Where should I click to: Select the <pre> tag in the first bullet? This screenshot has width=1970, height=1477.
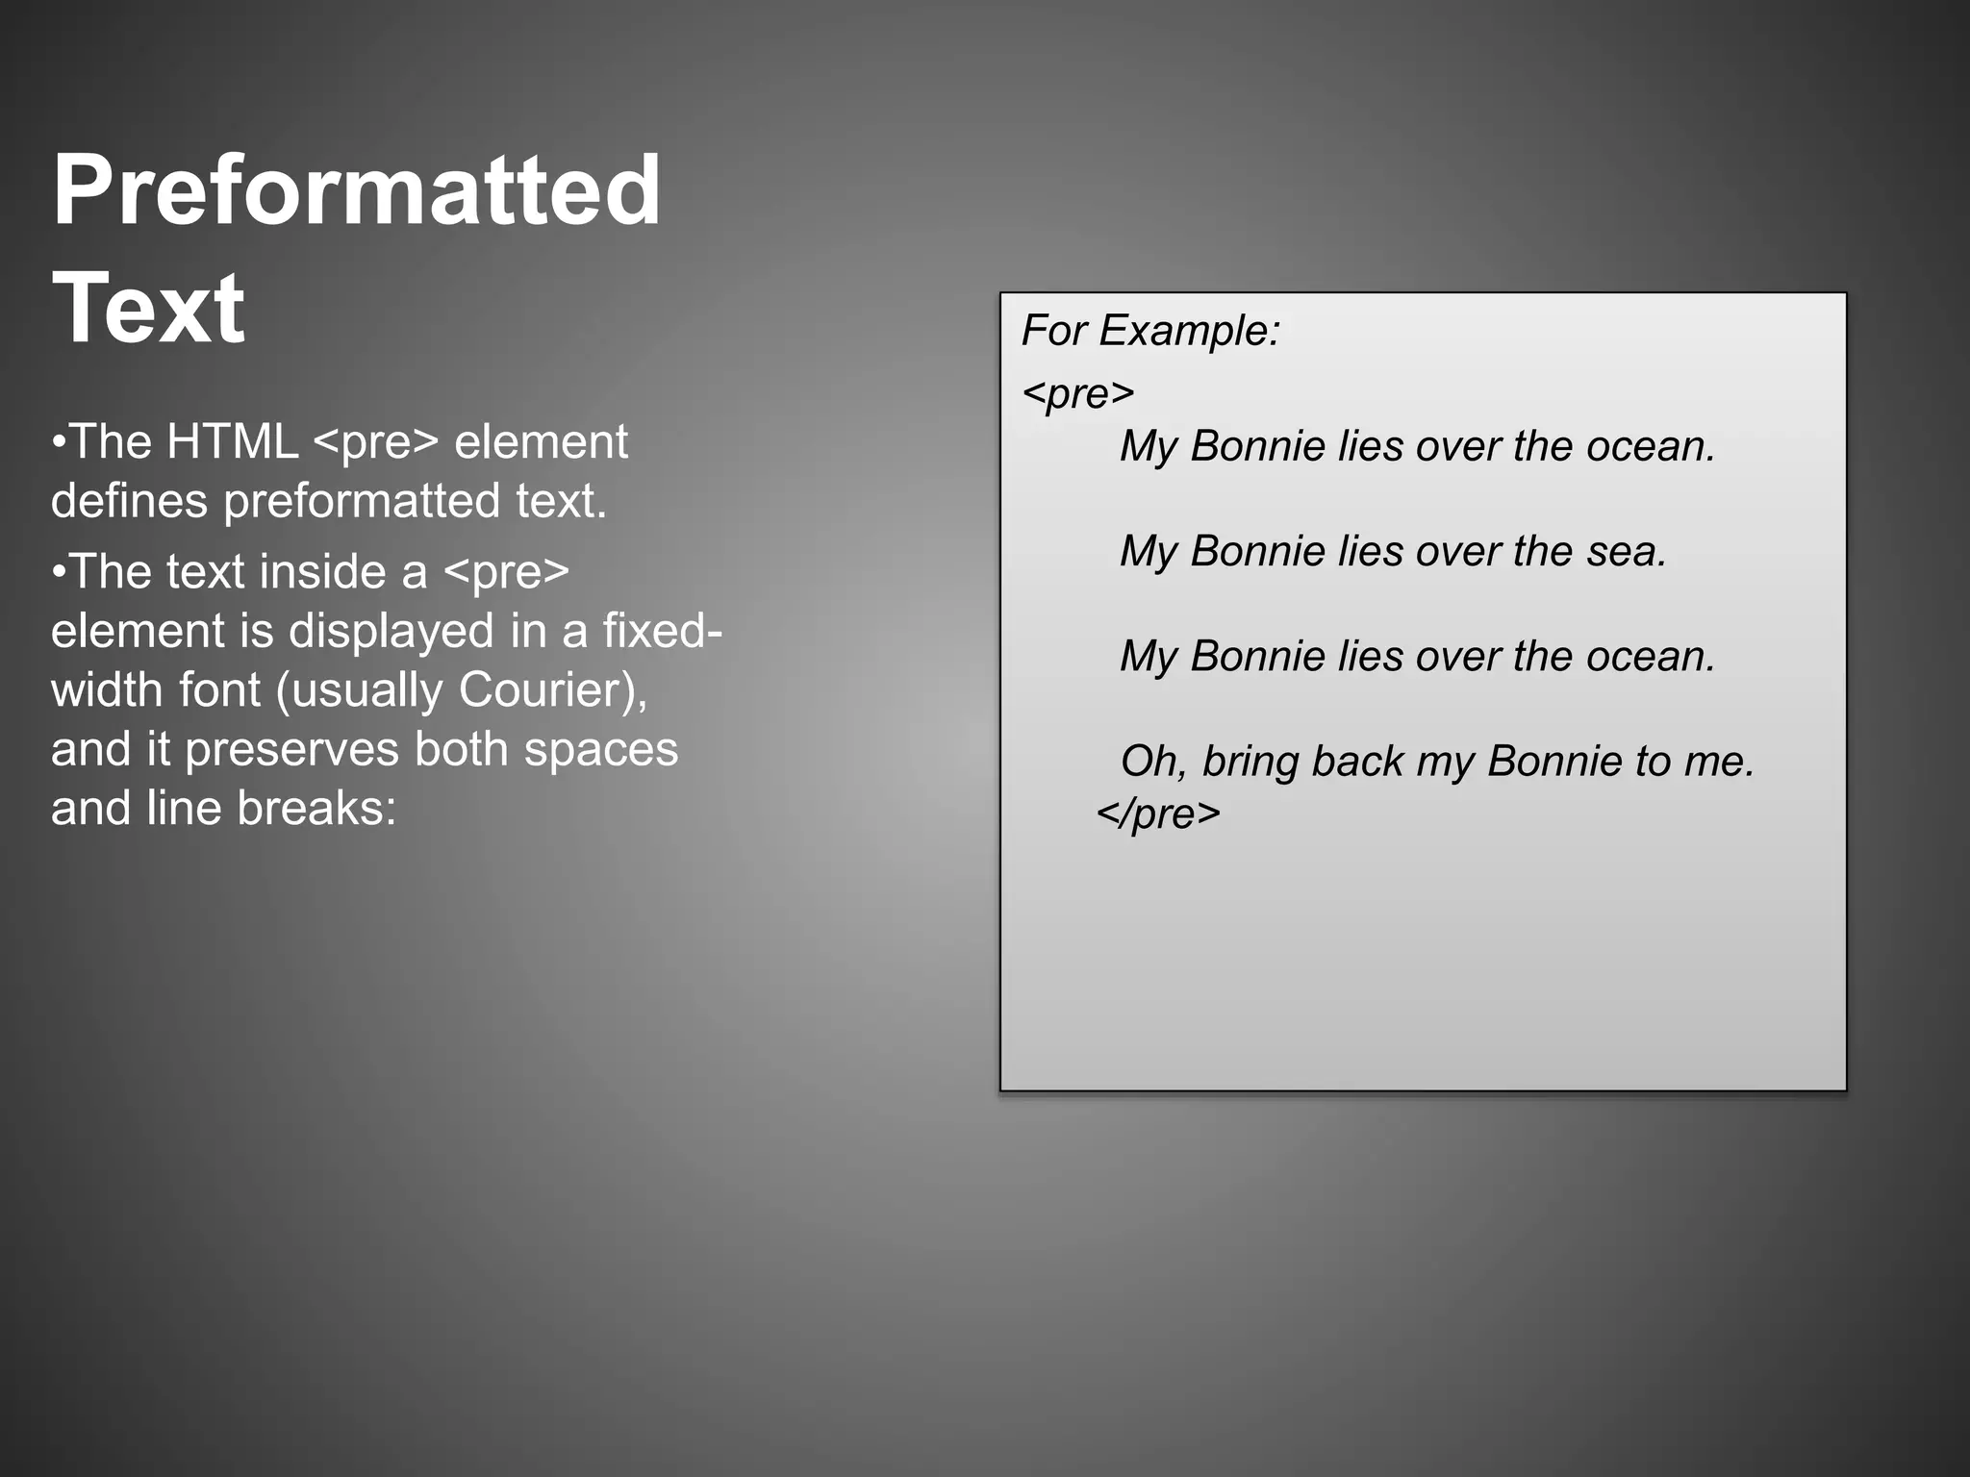376,442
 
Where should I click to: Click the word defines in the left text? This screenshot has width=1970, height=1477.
129,501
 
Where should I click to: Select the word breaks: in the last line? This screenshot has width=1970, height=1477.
316,808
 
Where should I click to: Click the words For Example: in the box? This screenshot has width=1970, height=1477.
1150,331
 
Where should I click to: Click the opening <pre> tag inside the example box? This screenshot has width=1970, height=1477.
1078,393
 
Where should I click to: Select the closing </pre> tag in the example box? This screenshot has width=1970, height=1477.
1158,814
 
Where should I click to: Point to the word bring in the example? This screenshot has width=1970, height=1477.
1249,762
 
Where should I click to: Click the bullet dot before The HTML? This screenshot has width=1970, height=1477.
59,443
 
